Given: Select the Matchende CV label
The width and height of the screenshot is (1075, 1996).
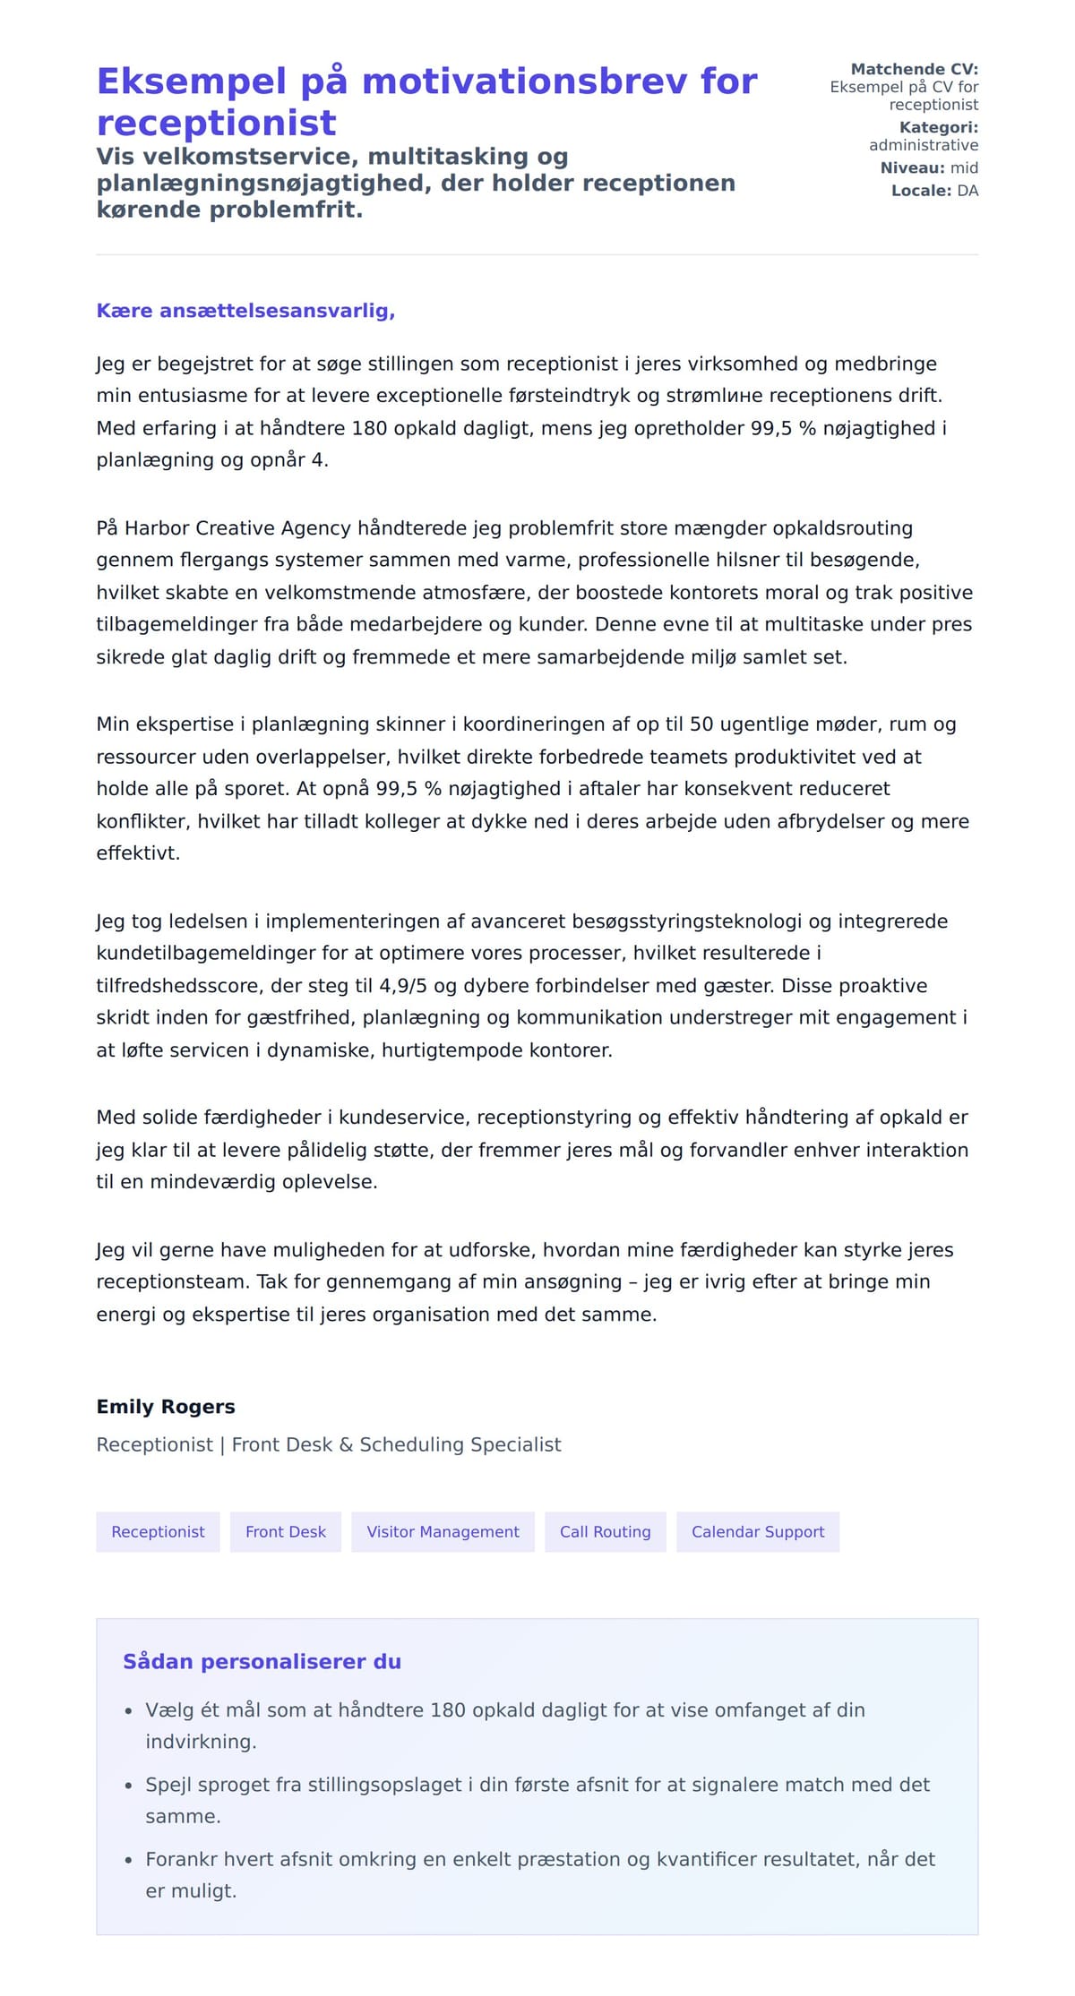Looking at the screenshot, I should coord(914,69).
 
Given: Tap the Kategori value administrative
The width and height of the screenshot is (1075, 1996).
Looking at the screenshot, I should coord(923,145).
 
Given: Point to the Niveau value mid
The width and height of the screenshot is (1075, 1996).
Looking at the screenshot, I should coord(964,167).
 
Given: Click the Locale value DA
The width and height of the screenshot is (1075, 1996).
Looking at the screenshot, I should coord(967,191).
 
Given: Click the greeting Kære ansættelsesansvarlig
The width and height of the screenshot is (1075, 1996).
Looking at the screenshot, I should coord(245,311).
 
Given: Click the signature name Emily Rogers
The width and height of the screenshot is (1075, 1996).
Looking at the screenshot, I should coord(166,1407).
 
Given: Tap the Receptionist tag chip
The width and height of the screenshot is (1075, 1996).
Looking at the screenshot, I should coord(158,1532).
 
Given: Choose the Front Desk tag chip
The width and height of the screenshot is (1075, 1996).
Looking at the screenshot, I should coord(286,1532).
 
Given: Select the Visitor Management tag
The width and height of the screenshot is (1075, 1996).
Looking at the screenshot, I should coord(443,1532).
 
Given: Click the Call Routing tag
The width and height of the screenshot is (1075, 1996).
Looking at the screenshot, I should coord(606,1532).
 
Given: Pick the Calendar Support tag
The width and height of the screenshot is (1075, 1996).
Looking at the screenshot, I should coord(758,1532).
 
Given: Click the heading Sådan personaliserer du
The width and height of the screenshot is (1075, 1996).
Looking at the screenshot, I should coord(262,1662).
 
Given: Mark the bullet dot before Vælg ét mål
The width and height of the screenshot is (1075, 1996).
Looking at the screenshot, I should coord(128,1711).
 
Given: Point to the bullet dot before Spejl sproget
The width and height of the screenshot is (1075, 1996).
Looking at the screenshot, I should coord(128,1786).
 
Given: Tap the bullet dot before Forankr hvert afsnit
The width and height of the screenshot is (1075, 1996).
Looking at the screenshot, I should coord(128,1860).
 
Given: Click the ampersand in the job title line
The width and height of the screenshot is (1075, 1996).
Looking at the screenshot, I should coord(346,1445).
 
